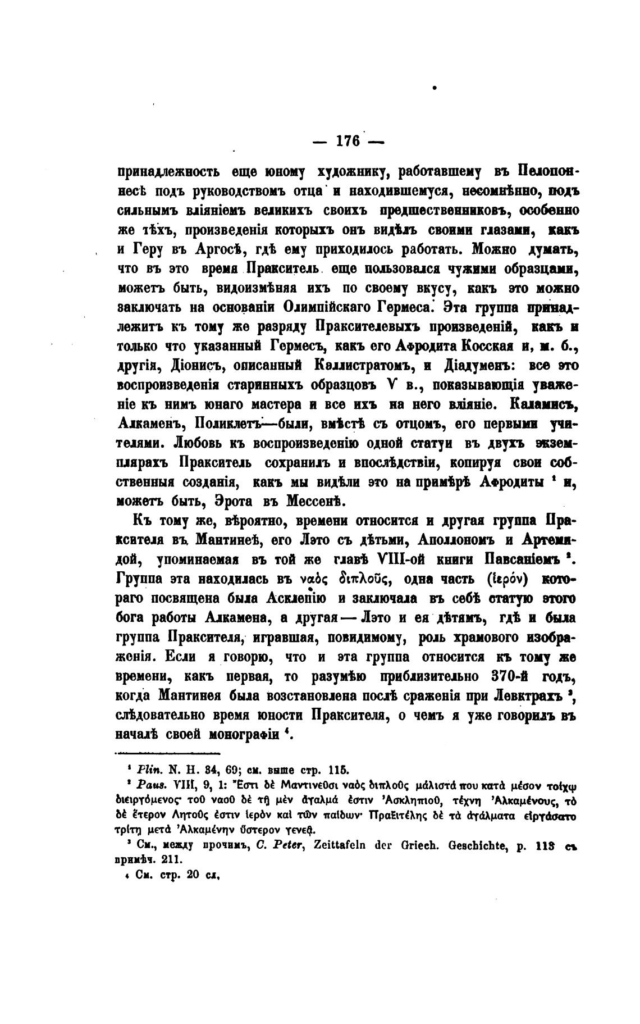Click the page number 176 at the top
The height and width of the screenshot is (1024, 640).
pos(348,141)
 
